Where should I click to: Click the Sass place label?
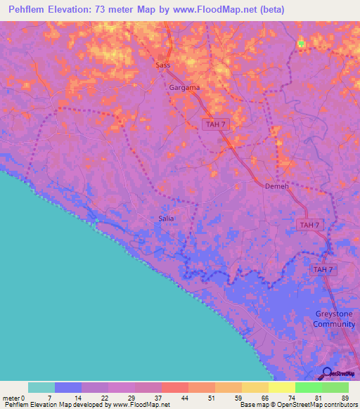[162, 65]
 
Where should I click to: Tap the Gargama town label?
[184, 88]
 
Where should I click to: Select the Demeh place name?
[277, 186]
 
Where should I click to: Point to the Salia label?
[166, 219]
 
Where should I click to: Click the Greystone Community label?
[334, 319]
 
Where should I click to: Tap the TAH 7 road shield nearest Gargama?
[214, 124]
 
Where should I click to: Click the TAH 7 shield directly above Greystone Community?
[323, 270]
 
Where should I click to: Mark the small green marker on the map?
[301, 44]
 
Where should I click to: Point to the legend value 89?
[345, 397]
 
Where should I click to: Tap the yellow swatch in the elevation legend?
[282, 387]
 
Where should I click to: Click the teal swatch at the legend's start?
[41, 387]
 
